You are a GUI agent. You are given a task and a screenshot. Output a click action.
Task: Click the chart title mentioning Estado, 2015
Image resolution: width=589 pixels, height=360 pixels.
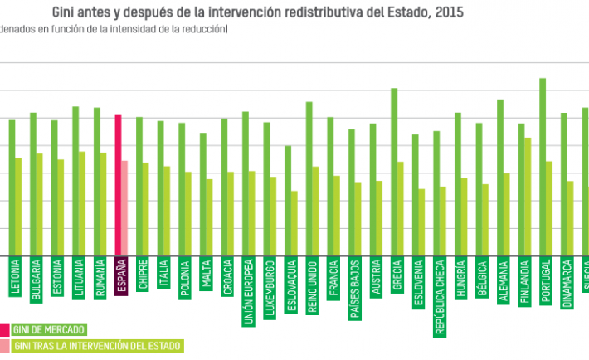[x=258, y=12]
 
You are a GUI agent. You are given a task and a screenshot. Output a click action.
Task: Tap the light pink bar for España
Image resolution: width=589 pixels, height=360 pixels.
[x=125, y=208]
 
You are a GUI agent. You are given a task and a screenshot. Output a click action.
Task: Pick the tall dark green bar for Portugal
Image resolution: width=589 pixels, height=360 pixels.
[x=542, y=167]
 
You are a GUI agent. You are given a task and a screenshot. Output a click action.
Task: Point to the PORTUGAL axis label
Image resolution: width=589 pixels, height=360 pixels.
[x=546, y=282]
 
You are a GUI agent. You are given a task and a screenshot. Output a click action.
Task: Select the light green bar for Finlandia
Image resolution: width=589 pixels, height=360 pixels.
[x=528, y=197]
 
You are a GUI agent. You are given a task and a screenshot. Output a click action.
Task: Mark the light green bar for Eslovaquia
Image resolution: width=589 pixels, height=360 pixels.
[x=294, y=223]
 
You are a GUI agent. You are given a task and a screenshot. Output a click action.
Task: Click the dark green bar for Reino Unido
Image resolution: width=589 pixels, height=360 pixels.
[x=309, y=178]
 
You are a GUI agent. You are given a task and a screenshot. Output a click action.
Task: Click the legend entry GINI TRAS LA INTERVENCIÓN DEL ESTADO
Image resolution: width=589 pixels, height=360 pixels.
[x=96, y=345]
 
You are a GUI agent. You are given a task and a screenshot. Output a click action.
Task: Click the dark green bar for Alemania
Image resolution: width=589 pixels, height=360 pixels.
[x=500, y=178]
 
